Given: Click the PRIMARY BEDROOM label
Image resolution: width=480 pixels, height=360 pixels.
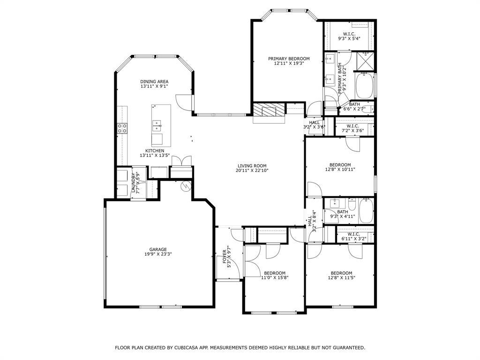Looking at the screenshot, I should pyautogui.click(x=289, y=59).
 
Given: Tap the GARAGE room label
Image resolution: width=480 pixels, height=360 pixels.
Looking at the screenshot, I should pyautogui.click(x=158, y=249).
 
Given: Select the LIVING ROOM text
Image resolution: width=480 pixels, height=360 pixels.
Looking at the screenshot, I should pyautogui.click(x=252, y=165).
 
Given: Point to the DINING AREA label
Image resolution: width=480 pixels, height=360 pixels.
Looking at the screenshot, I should pyautogui.click(x=154, y=82).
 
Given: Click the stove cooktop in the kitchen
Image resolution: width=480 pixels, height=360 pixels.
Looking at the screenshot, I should pyautogui.click(x=122, y=128).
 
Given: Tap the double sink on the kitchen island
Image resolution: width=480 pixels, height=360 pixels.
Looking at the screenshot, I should pyautogui.click(x=157, y=125).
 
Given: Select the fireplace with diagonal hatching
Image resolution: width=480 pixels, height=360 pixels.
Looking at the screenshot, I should pyautogui.click(x=269, y=110).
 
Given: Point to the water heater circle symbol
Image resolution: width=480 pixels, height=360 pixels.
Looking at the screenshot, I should pyautogui.click(x=186, y=186).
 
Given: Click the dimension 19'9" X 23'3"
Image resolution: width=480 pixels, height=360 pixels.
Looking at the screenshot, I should pyautogui.click(x=158, y=255).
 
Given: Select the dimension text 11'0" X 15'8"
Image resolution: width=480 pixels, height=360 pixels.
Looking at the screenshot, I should pyautogui.click(x=275, y=277).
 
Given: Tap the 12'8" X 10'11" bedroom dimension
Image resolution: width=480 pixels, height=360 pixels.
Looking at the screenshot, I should pyautogui.click(x=340, y=170).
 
